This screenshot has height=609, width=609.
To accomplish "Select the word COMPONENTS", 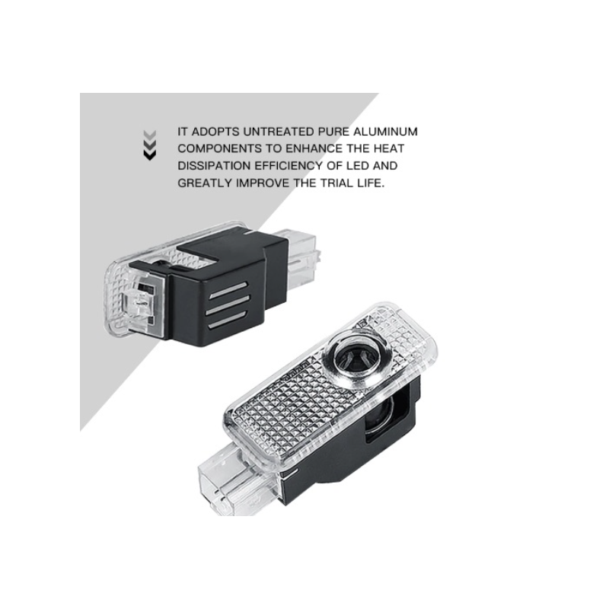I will point(216,148).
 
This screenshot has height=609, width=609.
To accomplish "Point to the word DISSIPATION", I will point(212,165).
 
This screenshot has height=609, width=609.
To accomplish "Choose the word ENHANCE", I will point(299,148).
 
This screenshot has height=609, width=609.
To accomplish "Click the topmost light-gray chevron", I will point(150,135).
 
